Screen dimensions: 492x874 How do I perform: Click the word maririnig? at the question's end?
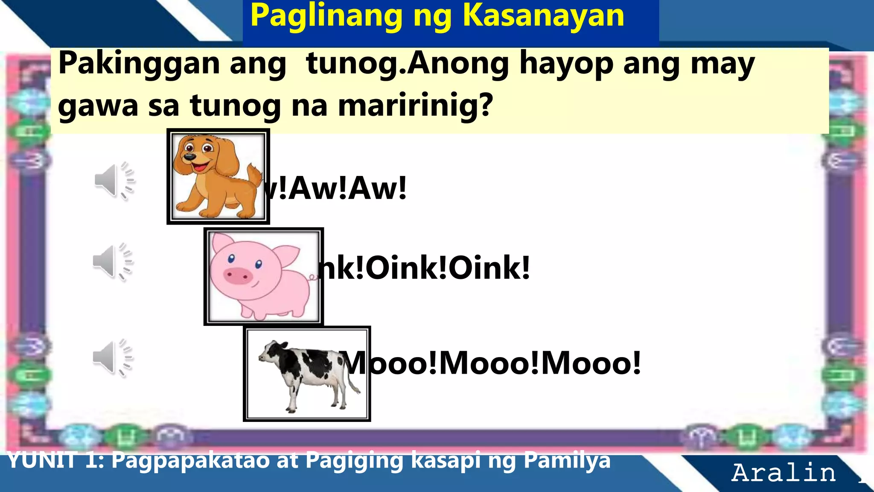click(416, 105)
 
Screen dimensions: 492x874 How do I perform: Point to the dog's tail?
click(255, 176)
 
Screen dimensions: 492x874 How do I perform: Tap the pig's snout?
click(237, 275)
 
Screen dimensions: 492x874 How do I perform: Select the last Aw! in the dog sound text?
click(378, 188)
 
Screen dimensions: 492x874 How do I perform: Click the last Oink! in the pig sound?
click(489, 268)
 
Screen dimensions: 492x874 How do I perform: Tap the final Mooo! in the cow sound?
click(591, 363)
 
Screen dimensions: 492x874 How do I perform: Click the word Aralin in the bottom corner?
click(784, 473)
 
